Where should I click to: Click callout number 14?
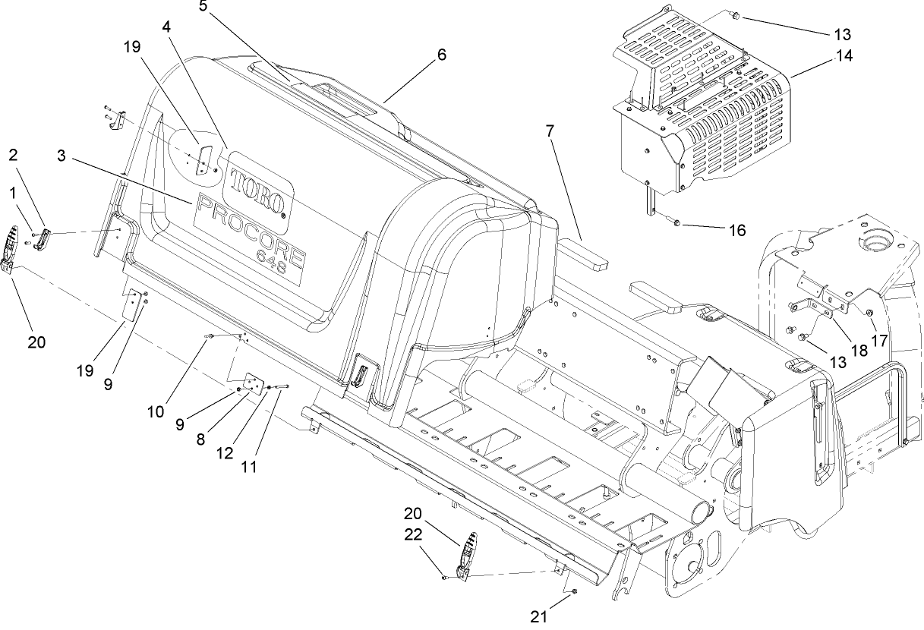[844, 55]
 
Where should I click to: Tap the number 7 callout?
[549, 131]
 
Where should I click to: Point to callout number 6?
[441, 55]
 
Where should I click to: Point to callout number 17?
[878, 341]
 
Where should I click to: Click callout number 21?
[538, 617]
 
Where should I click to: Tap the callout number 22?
[412, 535]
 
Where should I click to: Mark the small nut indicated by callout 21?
[576, 591]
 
